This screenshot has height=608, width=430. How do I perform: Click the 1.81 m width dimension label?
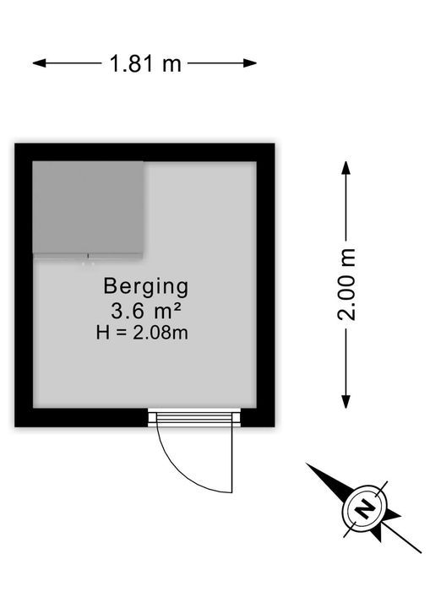click(145, 63)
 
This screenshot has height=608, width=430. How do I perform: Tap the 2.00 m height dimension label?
click(346, 285)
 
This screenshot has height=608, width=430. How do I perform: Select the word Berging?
click(146, 287)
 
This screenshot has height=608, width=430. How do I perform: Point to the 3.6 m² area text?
click(146, 310)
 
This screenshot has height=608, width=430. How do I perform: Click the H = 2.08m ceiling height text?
click(143, 333)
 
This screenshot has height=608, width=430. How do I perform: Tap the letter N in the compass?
click(364, 509)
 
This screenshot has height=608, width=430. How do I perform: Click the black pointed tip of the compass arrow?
click(307, 464)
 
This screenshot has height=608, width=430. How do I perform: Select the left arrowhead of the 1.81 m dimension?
click(39, 62)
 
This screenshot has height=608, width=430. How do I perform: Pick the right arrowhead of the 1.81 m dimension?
click(250, 62)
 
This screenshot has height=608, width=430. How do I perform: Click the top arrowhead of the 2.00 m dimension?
click(346, 167)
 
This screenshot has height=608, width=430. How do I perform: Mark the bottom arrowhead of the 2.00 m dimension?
click(346, 402)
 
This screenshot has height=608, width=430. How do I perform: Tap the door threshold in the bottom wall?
click(194, 417)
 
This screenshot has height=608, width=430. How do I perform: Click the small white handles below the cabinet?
click(88, 264)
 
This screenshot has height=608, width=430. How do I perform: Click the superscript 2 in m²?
click(176, 307)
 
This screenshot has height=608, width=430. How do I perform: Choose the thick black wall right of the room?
click(266, 285)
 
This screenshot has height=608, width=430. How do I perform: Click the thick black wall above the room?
click(144, 152)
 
